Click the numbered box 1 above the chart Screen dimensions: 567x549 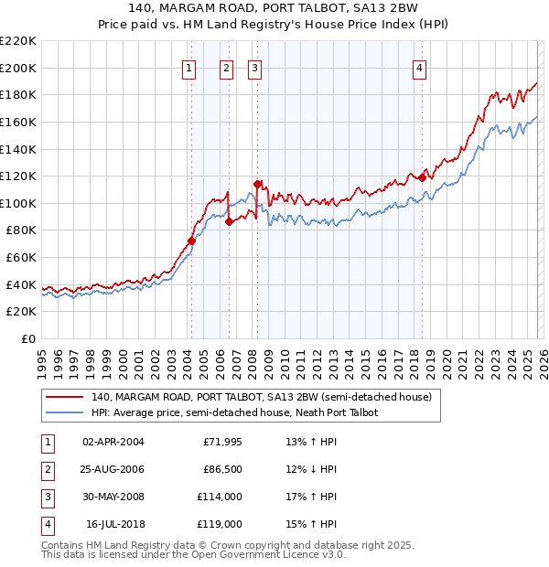pos(188,67)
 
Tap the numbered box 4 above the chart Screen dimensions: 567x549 pos(419,67)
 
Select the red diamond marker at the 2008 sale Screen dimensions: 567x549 pos(258,184)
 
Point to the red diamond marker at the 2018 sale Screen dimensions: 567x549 pos(422,177)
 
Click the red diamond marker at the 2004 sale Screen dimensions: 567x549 pos(191,241)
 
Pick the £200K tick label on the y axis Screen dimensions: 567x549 pos(18,68)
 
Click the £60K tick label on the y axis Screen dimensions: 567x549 pos(21,258)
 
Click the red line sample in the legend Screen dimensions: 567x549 pos(65,398)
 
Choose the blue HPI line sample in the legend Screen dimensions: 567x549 pos(65,412)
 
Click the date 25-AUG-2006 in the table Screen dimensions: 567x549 pos(113,469)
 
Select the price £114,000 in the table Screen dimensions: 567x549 pos(221,497)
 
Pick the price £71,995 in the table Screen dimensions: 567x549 pos(223,442)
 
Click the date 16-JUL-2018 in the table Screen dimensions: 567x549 pos(114,524)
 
